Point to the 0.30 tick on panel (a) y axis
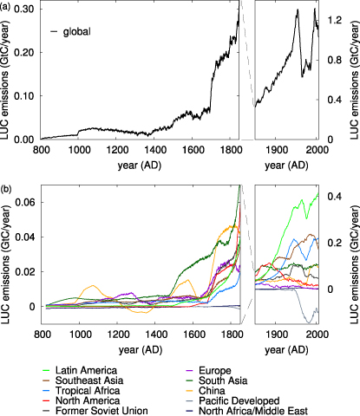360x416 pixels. click(26, 9)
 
